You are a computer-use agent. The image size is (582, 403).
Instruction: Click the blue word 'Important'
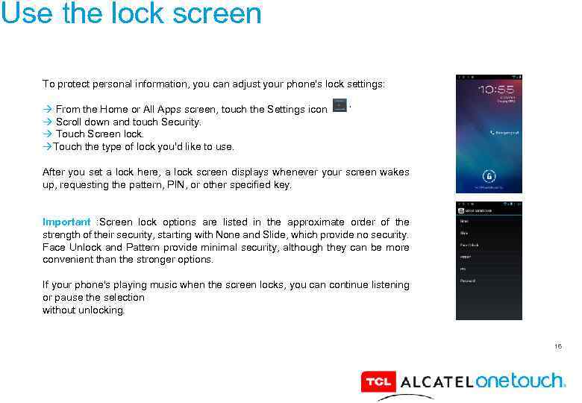click(x=66, y=222)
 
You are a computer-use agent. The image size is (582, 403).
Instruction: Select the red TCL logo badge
click(x=378, y=382)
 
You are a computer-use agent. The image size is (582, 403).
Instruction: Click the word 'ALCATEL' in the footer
click(x=436, y=383)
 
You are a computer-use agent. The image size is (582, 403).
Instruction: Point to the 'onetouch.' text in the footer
click(x=520, y=381)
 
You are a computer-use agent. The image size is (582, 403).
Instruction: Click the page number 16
click(x=557, y=346)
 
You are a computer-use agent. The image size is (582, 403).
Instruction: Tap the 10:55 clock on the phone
click(x=495, y=89)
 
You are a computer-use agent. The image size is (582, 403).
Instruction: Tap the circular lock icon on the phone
click(x=489, y=177)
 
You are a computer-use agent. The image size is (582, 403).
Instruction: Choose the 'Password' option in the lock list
click(x=468, y=281)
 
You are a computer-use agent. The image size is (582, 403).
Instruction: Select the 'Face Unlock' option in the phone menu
click(x=469, y=245)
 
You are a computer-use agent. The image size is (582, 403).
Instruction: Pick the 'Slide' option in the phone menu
click(x=464, y=233)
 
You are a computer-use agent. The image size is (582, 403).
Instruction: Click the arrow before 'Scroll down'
click(x=47, y=122)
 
